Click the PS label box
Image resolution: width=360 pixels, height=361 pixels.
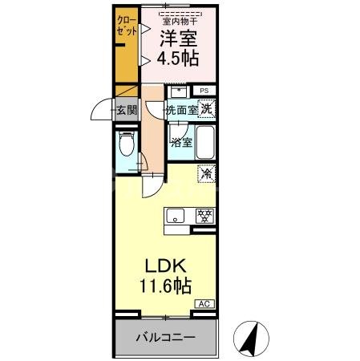pos(205,91)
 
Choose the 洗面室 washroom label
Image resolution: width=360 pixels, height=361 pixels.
pos(181,110)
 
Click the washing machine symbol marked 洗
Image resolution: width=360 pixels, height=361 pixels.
pos(207,108)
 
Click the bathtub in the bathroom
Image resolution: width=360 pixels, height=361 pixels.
pos(205,143)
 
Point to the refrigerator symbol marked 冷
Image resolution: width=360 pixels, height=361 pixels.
pos(207,172)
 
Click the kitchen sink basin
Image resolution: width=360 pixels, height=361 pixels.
pos(176,215)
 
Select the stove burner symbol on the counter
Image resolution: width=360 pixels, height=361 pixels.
pos(204,215)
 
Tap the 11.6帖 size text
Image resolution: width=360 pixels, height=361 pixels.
pos(167,284)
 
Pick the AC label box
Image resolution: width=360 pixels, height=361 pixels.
pos(205,304)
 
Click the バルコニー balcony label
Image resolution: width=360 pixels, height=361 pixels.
pos(165,337)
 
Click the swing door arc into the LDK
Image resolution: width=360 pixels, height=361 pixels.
pos(152,186)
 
